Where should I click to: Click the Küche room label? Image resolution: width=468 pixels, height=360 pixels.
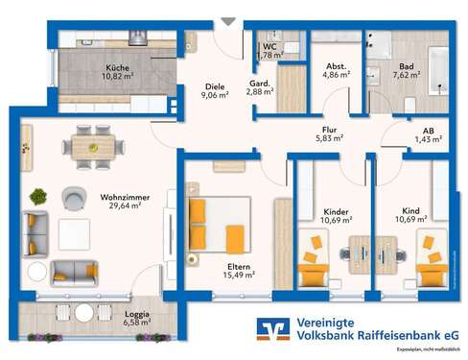(118, 67)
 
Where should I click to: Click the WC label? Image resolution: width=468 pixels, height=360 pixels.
(269, 45)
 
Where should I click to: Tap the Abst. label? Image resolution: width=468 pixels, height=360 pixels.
(336, 64)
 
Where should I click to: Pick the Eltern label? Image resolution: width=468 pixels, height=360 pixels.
(239, 266)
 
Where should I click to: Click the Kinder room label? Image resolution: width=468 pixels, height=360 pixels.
(336, 211)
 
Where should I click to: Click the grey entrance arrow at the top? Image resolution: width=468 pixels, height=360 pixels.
(227, 20)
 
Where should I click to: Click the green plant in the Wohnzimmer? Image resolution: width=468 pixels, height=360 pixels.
(38, 196)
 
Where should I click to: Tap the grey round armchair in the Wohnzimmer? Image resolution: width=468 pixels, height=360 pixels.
(74, 199)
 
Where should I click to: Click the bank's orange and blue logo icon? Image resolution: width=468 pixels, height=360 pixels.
(273, 329)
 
